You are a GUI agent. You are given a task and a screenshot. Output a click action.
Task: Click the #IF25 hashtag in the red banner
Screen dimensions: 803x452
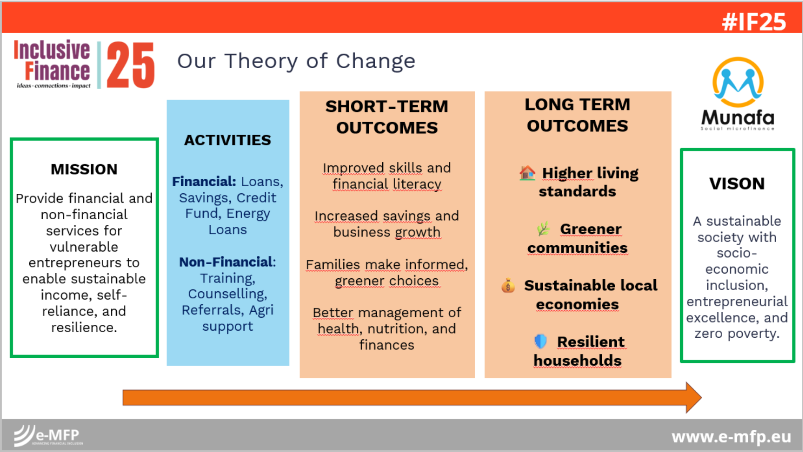(754, 22)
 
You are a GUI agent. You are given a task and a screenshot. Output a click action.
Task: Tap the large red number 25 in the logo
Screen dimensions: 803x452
(130, 65)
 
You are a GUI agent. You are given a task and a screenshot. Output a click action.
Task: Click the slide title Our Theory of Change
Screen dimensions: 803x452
(296, 61)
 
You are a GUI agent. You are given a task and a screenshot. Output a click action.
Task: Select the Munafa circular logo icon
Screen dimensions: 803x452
(738, 82)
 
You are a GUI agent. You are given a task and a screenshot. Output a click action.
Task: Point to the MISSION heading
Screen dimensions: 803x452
(84, 169)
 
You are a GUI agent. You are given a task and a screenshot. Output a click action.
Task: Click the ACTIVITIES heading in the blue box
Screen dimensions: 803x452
(228, 140)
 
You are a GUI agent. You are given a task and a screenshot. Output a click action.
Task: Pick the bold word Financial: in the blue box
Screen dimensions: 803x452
(204, 181)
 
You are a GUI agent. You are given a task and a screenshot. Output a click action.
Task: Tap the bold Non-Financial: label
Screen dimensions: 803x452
(228, 262)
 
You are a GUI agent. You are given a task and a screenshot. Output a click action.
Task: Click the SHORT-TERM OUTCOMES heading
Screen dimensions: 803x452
(387, 117)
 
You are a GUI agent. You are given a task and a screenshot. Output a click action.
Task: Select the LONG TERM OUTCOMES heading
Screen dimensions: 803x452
(578, 115)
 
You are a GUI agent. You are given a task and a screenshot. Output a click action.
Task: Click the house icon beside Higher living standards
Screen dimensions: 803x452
(527, 172)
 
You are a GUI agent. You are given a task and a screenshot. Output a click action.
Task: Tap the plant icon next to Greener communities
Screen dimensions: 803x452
(543, 229)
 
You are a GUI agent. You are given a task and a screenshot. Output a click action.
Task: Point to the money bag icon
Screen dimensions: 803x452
(508, 285)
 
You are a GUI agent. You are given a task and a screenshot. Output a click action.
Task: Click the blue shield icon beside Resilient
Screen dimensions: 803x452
(540, 341)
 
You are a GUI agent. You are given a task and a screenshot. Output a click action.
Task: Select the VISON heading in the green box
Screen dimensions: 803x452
(737, 183)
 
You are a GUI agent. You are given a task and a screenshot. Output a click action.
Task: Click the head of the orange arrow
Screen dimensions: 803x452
(693, 397)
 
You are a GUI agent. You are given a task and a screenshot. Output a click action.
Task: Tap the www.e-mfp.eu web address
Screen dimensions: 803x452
(731, 437)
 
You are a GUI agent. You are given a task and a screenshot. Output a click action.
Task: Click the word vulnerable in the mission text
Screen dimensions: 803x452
(84, 247)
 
